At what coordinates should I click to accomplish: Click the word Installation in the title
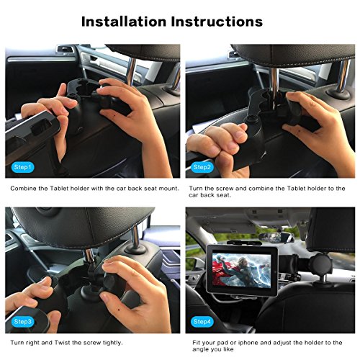124,22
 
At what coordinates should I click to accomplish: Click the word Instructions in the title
217,22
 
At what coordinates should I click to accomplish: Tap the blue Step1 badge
23,167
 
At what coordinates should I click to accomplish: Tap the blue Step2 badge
202,167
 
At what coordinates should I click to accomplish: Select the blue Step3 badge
23,322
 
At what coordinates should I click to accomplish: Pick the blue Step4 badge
202,322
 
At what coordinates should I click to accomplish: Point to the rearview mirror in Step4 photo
276,237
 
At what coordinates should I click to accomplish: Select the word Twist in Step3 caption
62,343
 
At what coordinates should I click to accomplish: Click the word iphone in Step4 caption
245,343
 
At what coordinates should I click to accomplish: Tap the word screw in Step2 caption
224,189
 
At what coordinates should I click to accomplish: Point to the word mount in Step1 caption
168,189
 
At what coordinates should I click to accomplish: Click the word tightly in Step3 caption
112,343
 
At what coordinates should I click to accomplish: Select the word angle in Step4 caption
200,350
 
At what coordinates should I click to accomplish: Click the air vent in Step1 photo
66,50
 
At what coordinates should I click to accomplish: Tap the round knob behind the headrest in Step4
320,264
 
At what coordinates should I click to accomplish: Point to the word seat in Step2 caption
223,195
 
